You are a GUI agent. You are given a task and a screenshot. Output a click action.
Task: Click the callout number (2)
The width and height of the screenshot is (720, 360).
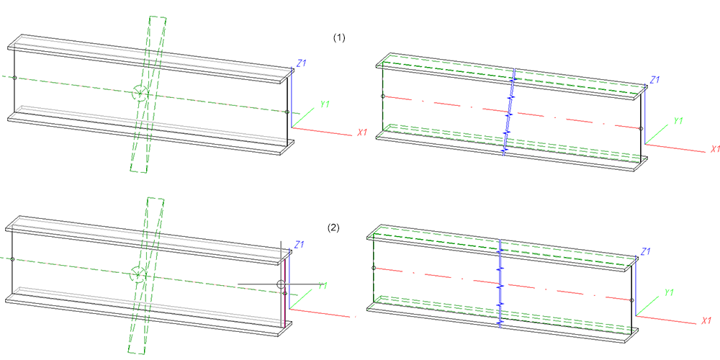(x=333, y=228)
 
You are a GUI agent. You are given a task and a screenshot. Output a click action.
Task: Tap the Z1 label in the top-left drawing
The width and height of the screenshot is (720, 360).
(x=302, y=63)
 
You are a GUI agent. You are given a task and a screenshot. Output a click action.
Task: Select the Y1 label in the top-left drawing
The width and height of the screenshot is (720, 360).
(x=325, y=104)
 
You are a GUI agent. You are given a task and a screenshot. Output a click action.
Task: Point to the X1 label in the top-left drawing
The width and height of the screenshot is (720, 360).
(x=363, y=133)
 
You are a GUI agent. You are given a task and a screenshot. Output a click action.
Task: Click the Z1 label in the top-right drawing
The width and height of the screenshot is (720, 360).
(x=654, y=79)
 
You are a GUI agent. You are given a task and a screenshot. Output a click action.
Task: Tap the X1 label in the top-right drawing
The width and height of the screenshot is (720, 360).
(x=715, y=149)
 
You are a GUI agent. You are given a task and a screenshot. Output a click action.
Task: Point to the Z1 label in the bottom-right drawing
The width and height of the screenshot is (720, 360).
(x=646, y=251)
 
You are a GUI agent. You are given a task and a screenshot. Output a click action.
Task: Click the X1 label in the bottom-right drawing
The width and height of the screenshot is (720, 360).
(x=706, y=320)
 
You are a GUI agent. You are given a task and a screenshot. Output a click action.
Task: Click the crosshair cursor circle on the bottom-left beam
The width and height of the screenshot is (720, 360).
(x=281, y=284)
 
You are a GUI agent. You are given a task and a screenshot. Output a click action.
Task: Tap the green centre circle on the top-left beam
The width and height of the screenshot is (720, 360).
(x=140, y=93)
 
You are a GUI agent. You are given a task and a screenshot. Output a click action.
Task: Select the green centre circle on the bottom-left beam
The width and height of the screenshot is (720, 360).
(x=137, y=274)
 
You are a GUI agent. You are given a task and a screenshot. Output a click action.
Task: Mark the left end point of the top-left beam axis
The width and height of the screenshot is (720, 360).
(x=14, y=76)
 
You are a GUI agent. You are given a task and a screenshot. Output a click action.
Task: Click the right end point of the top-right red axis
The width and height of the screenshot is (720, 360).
(x=640, y=129)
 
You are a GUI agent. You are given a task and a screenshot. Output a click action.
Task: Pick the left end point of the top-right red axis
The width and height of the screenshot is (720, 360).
(x=383, y=96)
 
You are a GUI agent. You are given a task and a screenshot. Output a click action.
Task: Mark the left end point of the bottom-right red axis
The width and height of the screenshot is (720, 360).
(x=374, y=268)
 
